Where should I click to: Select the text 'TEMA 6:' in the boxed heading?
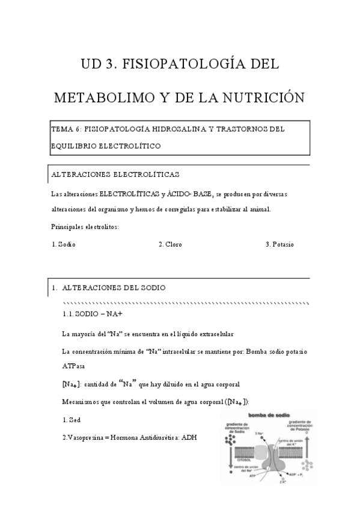pos(67,129)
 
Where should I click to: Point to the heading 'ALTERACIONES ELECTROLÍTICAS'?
pos(115,174)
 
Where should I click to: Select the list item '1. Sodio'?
pos(64,245)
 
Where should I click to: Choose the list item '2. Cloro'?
pos(170,245)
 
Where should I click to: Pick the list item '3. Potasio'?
pos(279,245)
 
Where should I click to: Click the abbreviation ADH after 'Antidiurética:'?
pos(189,438)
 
